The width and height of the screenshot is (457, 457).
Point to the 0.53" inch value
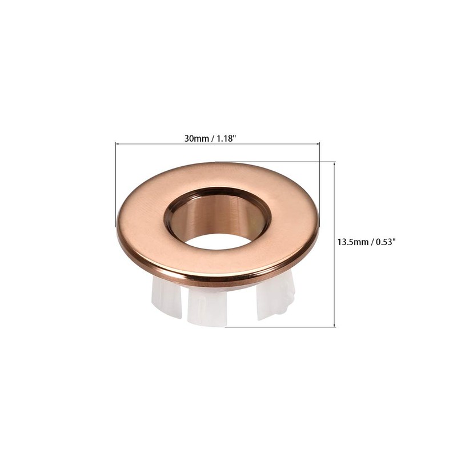384,242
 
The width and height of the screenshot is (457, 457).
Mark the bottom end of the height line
335,326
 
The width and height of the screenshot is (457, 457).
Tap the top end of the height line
335,162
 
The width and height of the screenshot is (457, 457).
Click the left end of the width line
117,143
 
